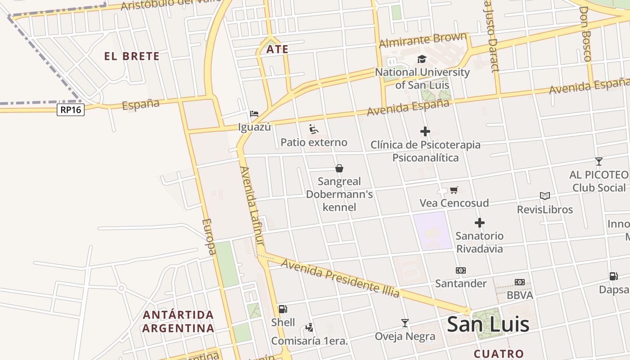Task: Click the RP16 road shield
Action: tap(71, 110)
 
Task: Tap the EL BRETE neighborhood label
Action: tap(132, 56)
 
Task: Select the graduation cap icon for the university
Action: tap(422, 59)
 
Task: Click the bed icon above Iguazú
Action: tap(254, 113)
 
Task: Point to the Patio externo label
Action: tap(314, 143)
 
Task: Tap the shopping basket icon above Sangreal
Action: tap(339, 168)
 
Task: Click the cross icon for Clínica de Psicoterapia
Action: tap(425, 131)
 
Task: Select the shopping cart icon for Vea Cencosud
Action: tap(454, 190)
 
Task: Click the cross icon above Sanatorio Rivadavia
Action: tap(480, 223)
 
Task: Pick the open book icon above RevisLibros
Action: tap(545, 196)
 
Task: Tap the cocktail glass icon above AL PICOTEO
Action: tap(598, 162)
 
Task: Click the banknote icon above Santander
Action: tap(460, 270)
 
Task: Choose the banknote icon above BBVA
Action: tap(520, 282)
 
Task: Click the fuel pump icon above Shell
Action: tap(283, 309)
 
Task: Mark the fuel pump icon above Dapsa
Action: tap(613, 276)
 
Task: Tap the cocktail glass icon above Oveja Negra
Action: tap(405, 323)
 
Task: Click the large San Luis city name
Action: tap(488, 324)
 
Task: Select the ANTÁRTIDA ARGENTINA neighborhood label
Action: tap(178, 321)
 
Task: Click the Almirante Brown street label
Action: tap(423, 40)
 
